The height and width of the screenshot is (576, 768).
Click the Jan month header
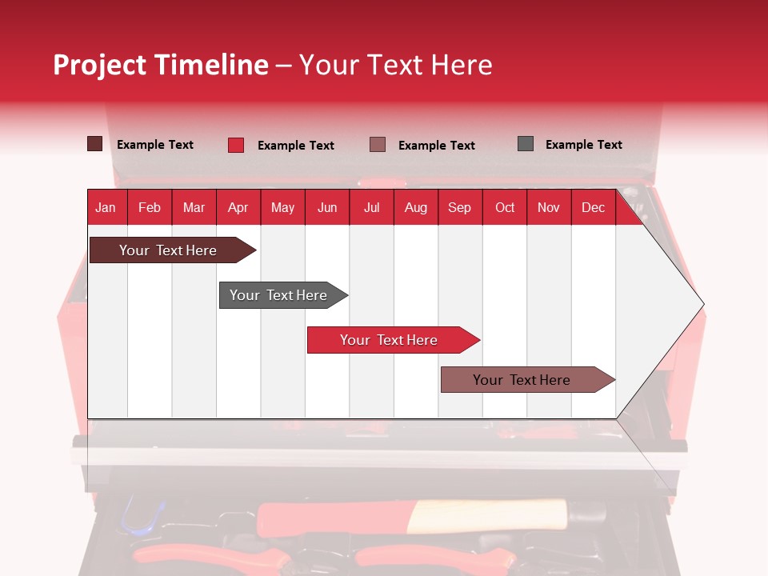106,207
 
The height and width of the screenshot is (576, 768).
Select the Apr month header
238,207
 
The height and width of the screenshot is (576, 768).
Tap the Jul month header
371,207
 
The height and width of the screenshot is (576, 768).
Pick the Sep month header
459,207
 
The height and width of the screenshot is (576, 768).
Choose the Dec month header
593,207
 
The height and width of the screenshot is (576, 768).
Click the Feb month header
150,207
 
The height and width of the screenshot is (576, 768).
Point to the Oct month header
505,207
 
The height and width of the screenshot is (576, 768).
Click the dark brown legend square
95,144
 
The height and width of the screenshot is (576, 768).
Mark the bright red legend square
236,145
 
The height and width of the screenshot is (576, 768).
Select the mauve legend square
378,145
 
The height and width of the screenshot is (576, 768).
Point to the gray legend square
526,144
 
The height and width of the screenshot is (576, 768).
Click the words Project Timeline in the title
161,65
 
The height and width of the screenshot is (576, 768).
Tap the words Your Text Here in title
395,65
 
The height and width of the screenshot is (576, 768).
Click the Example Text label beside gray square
583,145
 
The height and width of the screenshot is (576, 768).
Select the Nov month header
549,207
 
